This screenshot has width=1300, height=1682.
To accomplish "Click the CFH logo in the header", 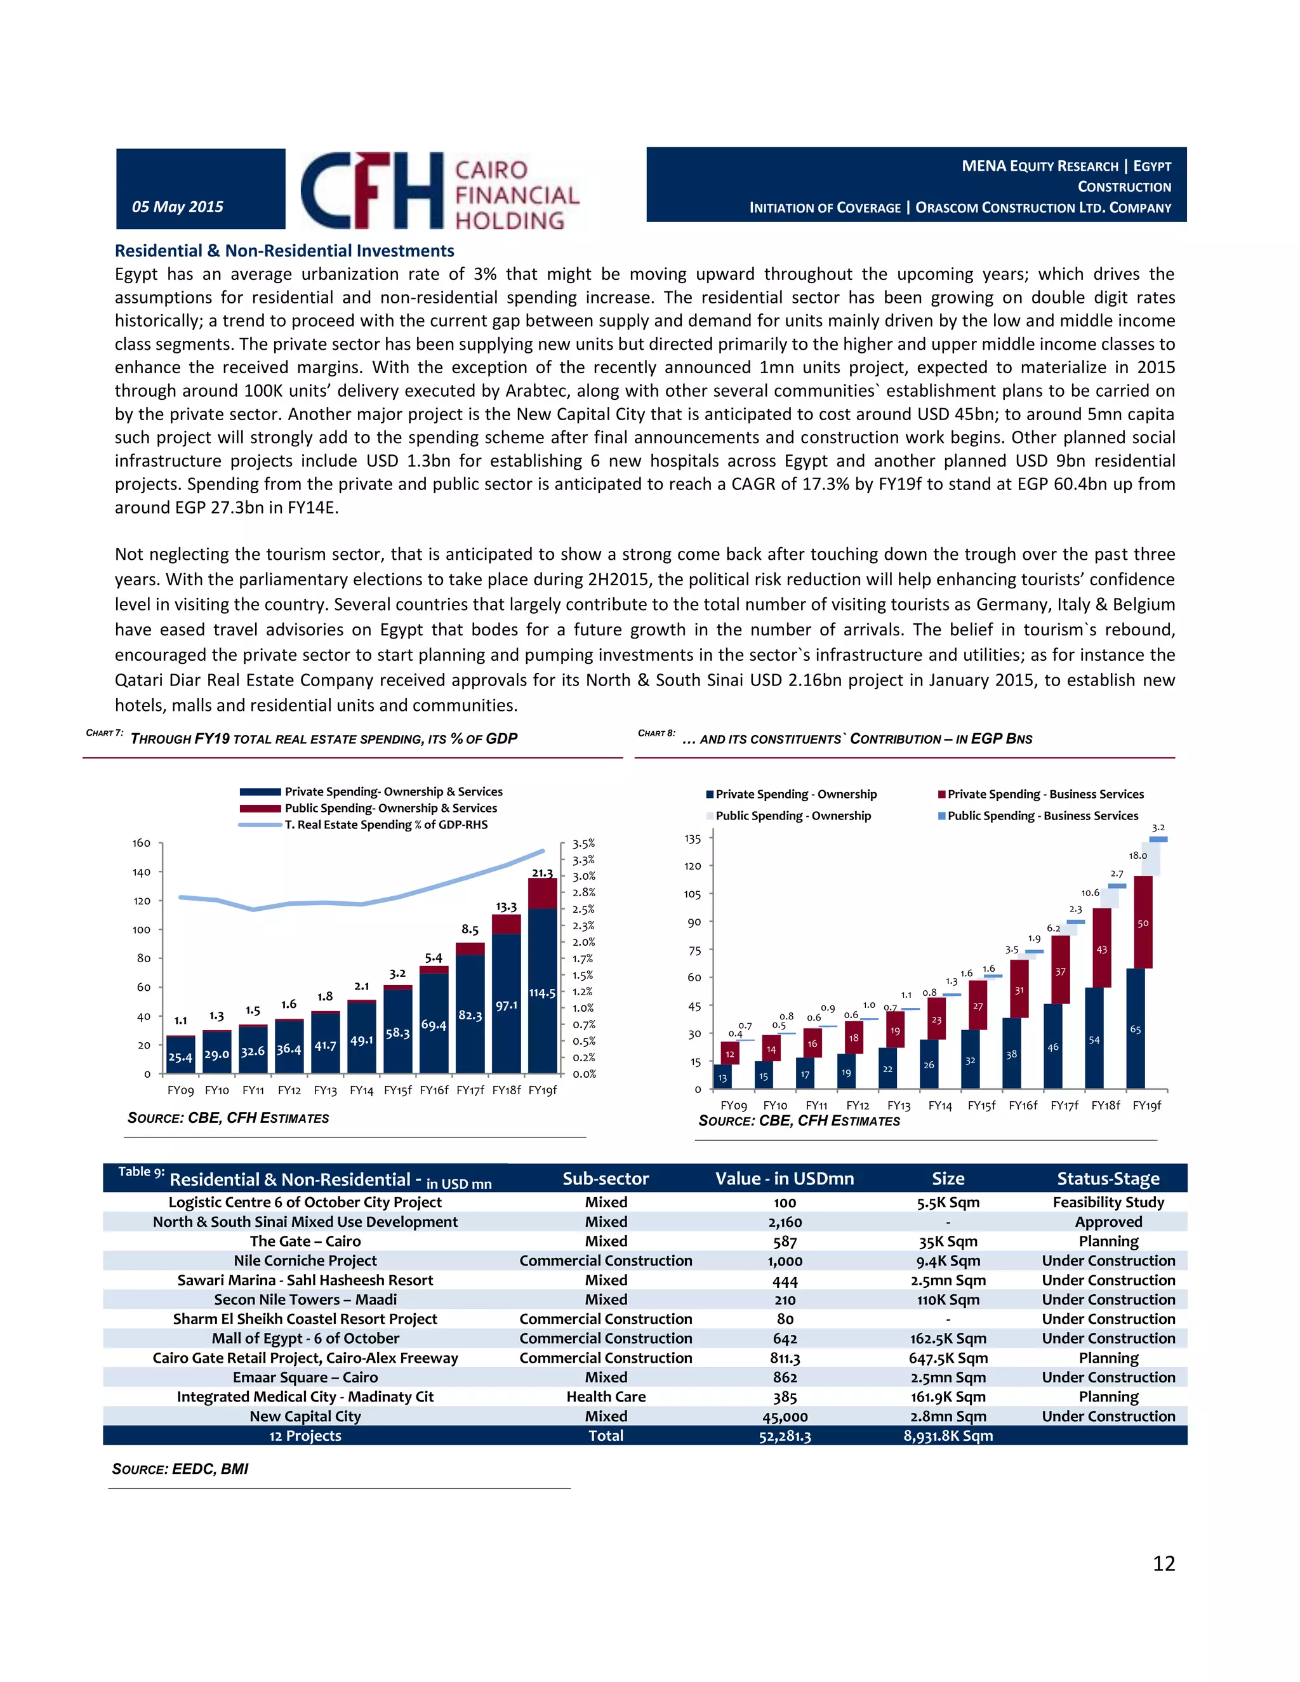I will [x=439, y=191].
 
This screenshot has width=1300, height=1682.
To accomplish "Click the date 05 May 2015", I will [x=178, y=206].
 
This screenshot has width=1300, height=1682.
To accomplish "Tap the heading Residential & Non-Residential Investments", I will [x=284, y=251].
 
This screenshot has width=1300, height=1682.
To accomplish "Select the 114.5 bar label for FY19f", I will [x=542, y=993].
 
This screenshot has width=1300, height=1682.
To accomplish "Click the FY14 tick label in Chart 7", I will [x=361, y=1090].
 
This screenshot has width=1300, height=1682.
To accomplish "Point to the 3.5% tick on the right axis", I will [x=584, y=844].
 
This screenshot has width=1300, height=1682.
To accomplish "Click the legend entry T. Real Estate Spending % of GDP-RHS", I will [x=385, y=825].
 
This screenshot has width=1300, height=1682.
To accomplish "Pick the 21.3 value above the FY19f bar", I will [x=542, y=873].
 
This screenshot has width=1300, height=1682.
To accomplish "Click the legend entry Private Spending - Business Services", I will [x=1045, y=794].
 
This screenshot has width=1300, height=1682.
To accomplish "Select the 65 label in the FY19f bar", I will [x=1135, y=1030].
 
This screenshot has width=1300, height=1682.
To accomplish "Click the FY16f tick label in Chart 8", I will [x=1023, y=1105].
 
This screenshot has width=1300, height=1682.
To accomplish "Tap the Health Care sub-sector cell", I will [x=606, y=1397].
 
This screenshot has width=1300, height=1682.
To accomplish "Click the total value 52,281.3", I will [x=785, y=1436].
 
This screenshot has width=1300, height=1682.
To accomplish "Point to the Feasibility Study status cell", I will [x=1108, y=1202].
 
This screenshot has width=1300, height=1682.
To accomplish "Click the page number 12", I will [x=1164, y=1563].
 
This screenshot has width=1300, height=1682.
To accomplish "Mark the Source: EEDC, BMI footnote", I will [x=180, y=1469].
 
